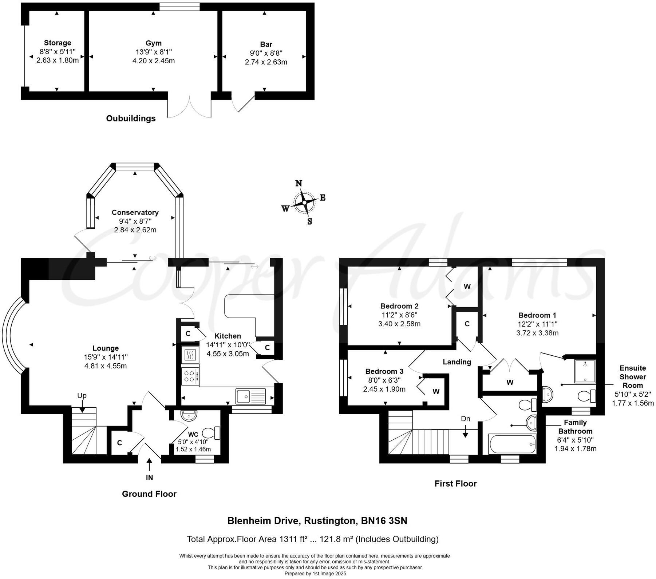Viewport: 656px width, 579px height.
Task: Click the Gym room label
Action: click(153, 43)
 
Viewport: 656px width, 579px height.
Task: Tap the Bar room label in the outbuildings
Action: click(266, 44)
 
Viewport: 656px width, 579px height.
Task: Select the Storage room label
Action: click(57, 43)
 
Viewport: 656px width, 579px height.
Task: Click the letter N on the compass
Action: click(299, 183)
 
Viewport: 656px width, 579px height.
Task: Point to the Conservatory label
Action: click(135, 212)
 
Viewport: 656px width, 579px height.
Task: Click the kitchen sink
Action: click(251, 396)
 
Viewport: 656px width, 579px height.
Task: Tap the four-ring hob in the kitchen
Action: click(190, 376)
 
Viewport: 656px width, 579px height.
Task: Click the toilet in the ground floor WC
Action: click(212, 433)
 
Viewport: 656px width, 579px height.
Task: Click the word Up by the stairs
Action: click(82, 395)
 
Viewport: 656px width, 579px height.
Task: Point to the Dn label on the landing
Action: click(465, 419)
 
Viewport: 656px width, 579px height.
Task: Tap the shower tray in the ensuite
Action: click(585, 371)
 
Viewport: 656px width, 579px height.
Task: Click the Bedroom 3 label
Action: click(384, 371)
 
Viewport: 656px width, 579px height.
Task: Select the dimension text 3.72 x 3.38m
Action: click(537, 333)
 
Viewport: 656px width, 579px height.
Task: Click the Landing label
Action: click(457, 362)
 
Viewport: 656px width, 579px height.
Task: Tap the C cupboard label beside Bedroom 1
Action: click(467, 324)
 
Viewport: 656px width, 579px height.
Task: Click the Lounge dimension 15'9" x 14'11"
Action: click(106, 357)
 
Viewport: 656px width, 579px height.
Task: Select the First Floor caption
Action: click(455, 483)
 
